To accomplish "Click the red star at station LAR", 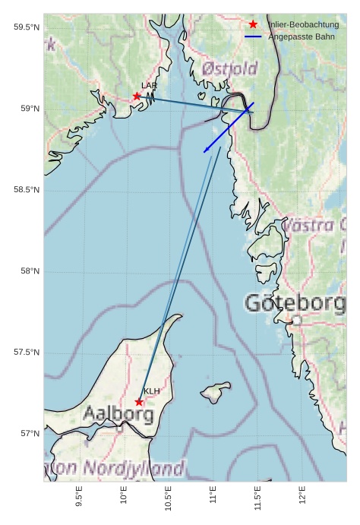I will pyautogui.click(x=137, y=96).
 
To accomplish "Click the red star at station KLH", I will pyautogui.click(x=139, y=402).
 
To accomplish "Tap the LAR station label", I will pyautogui.click(x=149, y=86).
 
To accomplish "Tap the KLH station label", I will pyautogui.click(x=152, y=391).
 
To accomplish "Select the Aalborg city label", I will pyautogui.click(x=118, y=415).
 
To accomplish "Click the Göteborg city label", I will pyautogui.click(x=295, y=303).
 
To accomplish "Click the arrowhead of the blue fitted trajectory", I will pyautogui.click(x=205, y=152).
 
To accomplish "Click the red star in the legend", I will pyautogui.click(x=253, y=24).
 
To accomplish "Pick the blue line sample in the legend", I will pyautogui.click(x=253, y=36).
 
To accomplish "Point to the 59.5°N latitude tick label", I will pyautogui.click(x=27, y=27).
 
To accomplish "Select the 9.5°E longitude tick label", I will pyautogui.click(x=79, y=497).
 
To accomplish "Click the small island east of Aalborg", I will pyautogui.click(x=216, y=393).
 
